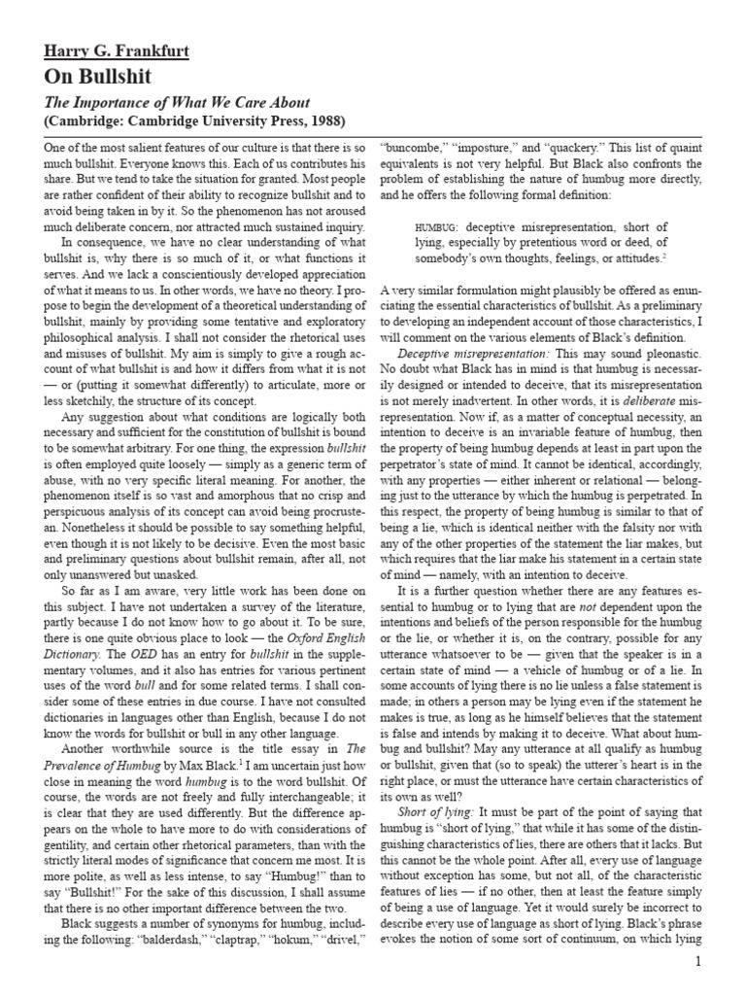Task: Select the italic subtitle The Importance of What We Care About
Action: click(x=178, y=102)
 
